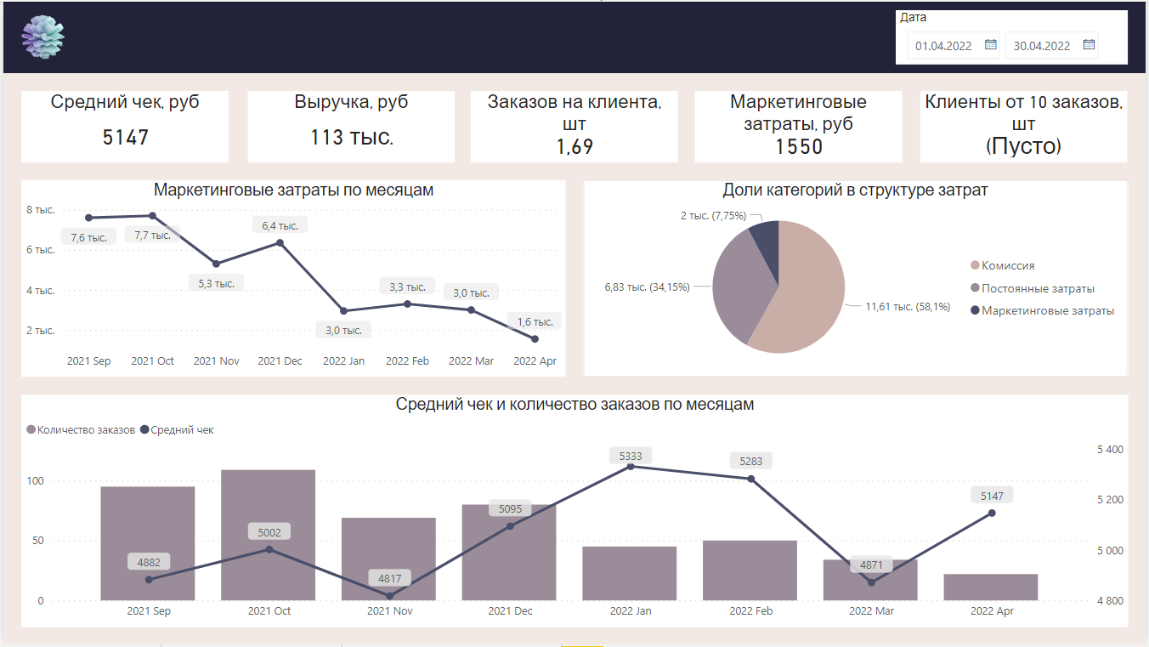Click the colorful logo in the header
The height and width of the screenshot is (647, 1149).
coord(43,38)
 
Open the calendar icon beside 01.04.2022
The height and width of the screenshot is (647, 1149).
coord(990,45)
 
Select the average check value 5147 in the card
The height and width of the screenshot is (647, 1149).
coord(125,137)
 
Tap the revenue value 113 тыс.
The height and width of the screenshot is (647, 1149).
coord(351,137)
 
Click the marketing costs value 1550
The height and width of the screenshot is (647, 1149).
coord(798,146)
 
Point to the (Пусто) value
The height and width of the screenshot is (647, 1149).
coord(1023,146)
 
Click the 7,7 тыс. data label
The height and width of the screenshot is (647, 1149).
coord(153,235)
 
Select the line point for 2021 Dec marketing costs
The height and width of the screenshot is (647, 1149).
coord(280,243)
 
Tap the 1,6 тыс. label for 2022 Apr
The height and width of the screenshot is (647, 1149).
coord(535,321)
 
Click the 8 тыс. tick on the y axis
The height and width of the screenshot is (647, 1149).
coord(40,210)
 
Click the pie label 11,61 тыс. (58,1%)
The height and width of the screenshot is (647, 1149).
coord(908,306)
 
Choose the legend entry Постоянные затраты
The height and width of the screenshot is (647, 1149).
coord(1037,288)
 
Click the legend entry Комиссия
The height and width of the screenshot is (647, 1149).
coord(1007,266)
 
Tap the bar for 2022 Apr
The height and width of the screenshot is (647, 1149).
coord(991,587)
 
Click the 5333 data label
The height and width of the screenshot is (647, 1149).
coord(631,457)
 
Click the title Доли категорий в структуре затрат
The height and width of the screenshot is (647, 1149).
coord(855,190)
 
